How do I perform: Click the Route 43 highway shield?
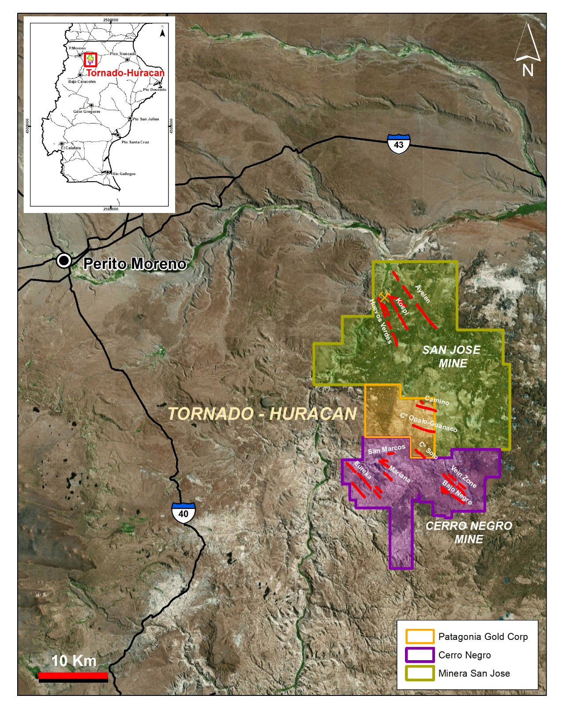tap(399, 144)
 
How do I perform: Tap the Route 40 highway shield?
tap(183, 513)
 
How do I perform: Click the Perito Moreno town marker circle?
tap(64, 261)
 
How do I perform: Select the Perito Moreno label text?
tap(135, 264)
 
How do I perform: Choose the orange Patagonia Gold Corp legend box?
tap(420, 636)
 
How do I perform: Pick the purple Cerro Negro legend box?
tap(420, 655)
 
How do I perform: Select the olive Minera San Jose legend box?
tap(420, 673)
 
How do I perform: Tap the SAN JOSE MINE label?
tap(452, 356)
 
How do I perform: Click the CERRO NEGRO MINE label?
tap(469, 532)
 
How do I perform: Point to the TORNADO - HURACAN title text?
tap(262, 414)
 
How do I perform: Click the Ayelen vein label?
tap(423, 294)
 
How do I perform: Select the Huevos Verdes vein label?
tap(380, 321)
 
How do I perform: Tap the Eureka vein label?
tap(363, 471)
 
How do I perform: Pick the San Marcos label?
tap(386, 449)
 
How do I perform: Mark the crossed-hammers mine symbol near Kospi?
tap(384, 297)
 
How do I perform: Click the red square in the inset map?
tap(90, 60)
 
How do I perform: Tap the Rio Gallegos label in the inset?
tap(124, 174)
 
